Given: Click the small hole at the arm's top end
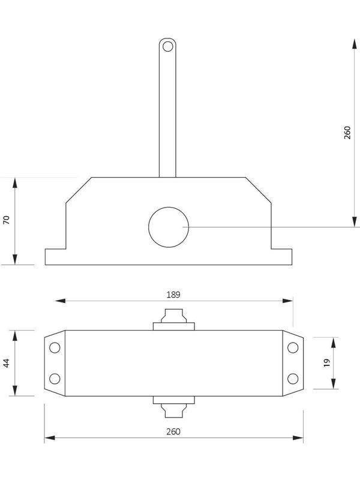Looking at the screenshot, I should click(168, 46).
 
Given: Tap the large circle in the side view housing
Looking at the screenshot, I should click(169, 227).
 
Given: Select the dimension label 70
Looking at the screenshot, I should click(7, 220).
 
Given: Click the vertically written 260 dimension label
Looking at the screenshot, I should click(347, 133).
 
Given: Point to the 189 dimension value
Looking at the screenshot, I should click(173, 295).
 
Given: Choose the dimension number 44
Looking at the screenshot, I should click(7, 363).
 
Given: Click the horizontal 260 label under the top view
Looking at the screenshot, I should click(173, 431).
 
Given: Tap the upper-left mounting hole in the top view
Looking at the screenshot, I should click(55, 348).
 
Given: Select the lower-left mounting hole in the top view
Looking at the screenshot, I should click(55, 378).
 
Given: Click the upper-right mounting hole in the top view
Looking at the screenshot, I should click(293, 348).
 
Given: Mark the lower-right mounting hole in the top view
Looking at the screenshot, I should click(293, 378).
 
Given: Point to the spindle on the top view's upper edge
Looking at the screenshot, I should click(174, 318).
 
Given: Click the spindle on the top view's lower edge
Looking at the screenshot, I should click(174, 408).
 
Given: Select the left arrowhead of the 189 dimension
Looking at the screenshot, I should click(59, 301).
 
